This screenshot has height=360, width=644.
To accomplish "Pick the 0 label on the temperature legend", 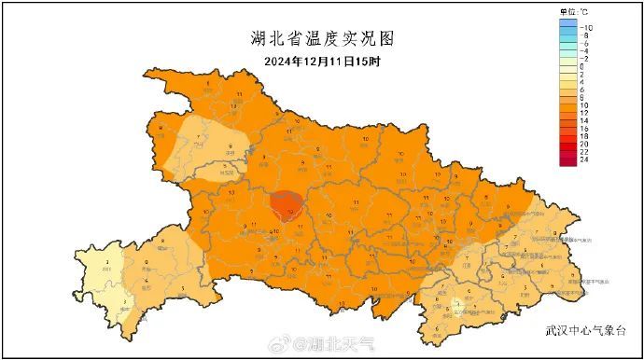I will click(582, 67).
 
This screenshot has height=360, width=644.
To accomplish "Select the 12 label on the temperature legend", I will click(584, 114).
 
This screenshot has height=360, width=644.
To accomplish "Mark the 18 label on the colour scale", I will click(584, 137).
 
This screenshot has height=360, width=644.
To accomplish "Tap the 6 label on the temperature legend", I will click(582, 90).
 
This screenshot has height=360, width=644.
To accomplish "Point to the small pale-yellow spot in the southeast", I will click(456, 304).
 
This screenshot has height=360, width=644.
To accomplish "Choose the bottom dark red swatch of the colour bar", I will click(568, 160).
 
